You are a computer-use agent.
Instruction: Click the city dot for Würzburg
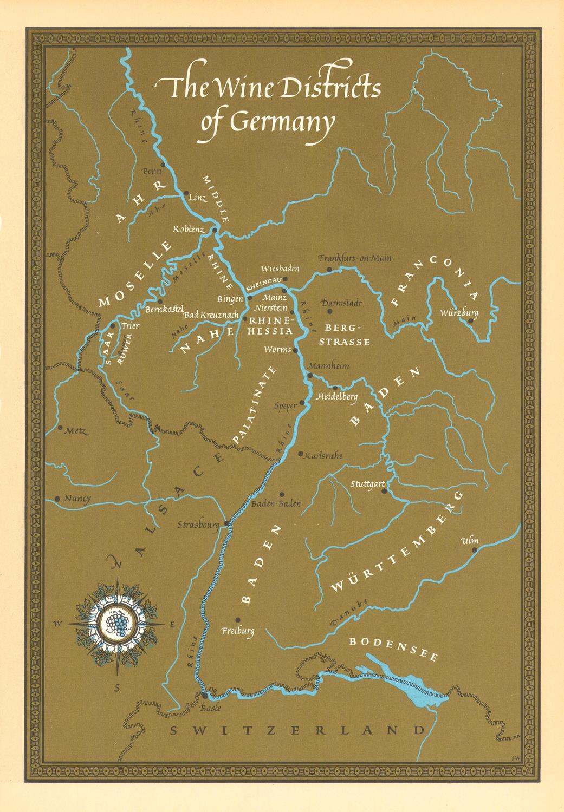click(x=471, y=321)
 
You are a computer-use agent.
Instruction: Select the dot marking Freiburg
click(x=237, y=620)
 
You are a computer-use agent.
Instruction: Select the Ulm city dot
click(x=474, y=550)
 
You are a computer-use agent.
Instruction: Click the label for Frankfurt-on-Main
click(x=355, y=258)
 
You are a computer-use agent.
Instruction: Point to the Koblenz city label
click(x=189, y=230)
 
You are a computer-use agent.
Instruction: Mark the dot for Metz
click(x=59, y=427)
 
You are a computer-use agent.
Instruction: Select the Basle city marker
click(x=204, y=695)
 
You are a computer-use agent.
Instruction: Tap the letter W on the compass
click(x=57, y=624)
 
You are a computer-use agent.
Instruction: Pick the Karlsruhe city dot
click(x=301, y=454)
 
